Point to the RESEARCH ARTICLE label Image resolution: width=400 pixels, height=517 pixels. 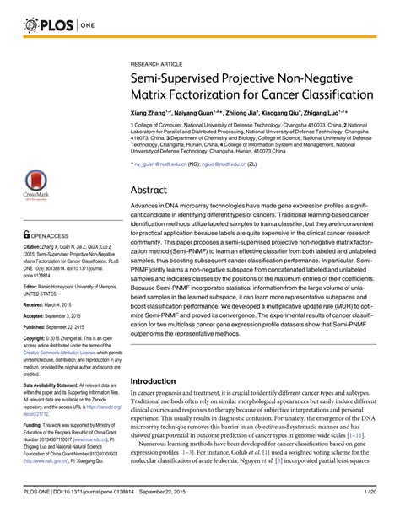pos(155,63)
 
